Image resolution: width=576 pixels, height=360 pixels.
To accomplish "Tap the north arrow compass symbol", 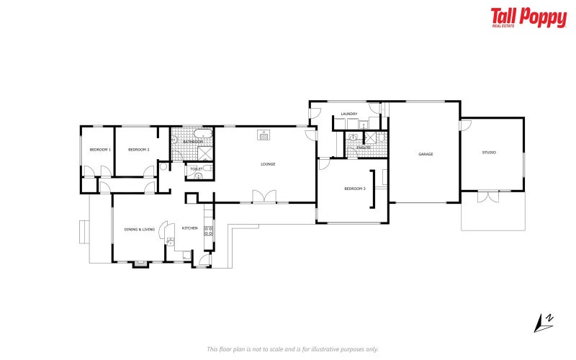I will [544, 322].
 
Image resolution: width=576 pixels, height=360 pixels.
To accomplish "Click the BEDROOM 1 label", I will [99, 149].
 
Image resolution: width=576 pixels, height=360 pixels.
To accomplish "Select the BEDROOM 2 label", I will [138, 149].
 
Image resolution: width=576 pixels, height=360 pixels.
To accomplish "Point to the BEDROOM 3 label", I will [354, 189].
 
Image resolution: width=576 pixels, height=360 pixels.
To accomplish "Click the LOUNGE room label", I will [268, 164].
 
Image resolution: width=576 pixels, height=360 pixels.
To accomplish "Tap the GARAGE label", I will [426, 153].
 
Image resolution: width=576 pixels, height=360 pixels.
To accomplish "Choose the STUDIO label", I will [489, 152].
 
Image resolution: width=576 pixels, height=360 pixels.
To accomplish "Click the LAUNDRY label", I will [349, 114].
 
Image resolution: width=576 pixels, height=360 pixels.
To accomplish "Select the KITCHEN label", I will [189, 228].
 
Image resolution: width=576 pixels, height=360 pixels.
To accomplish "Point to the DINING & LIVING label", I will [140, 229].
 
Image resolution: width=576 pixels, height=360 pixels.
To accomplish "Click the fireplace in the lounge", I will [264, 133].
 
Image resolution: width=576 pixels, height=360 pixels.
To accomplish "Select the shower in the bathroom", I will [205, 153].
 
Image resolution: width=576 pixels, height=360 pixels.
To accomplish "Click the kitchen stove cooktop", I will [208, 230].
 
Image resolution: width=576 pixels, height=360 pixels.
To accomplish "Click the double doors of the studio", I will [488, 195].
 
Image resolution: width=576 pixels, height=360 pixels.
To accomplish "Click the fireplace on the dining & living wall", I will [140, 264].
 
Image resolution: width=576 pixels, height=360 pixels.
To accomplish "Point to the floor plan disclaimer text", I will [292, 349].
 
